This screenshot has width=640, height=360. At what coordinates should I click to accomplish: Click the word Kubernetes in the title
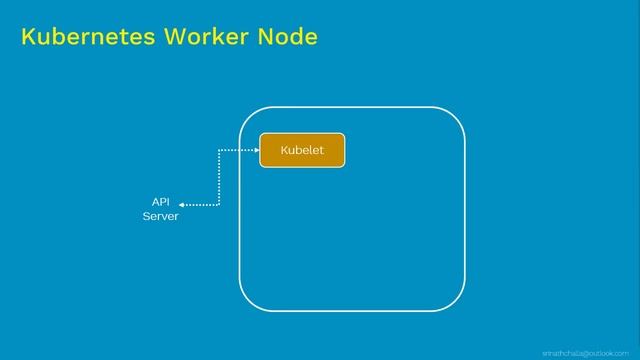click(81, 38)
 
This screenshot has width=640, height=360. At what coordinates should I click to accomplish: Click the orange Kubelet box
click(302, 150)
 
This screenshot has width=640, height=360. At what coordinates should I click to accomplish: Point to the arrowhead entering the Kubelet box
click(256, 150)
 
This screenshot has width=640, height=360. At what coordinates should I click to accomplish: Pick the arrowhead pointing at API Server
click(183, 205)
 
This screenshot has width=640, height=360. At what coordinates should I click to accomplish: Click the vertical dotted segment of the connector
click(218, 178)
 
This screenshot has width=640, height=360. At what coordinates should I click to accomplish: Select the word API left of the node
click(160, 201)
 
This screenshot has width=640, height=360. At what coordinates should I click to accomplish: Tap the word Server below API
click(160, 216)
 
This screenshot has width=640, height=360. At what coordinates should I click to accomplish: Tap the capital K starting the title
click(27, 38)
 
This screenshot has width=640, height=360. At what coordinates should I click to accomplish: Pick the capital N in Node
click(263, 38)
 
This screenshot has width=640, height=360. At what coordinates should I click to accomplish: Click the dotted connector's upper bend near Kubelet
click(218, 151)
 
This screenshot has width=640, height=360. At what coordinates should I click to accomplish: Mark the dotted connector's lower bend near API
click(218, 205)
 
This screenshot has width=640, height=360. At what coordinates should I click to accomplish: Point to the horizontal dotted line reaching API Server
click(202, 205)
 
